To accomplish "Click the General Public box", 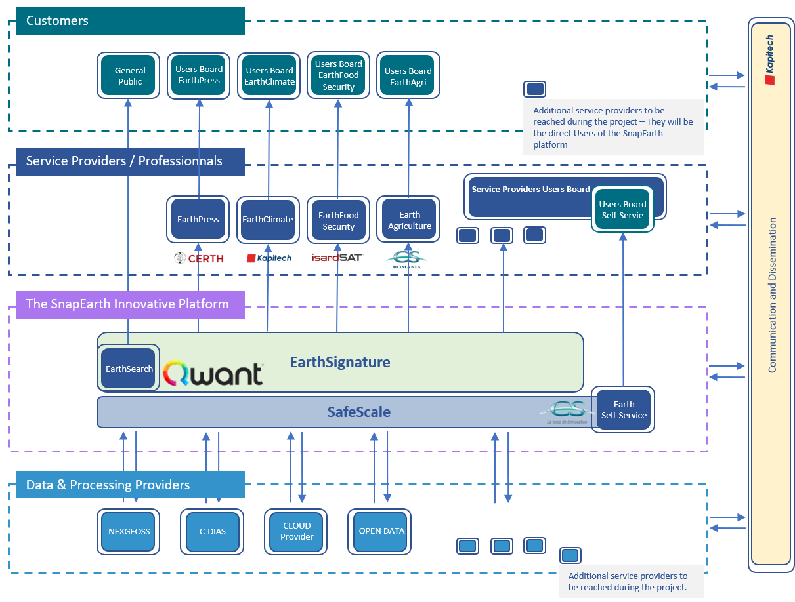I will [x=130, y=76].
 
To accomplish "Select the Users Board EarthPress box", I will [x=199, y=75].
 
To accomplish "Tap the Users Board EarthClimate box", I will [x=269, y=76].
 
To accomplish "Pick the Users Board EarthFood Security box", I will [x=339, y=75].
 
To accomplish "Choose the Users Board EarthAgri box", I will [x=408, y=76].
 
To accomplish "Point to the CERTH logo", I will [x=199, y=258].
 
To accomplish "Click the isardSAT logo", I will [x=337, y=258].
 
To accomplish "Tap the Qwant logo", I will [x=213, y=373].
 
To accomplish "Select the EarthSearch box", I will [x=129, y=369].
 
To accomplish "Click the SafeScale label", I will [x=359, y=412].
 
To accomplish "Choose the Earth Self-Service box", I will [x=624, y=410].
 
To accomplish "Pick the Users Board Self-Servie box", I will [x=622, y=210].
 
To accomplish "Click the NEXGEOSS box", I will [x=129, y=531].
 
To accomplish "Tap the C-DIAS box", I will [x=213, y=531].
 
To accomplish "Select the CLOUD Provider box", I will [x=297, y=531].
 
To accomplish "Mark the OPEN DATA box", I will [x=381, y=531].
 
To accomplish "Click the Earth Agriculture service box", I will [x=409, y=220].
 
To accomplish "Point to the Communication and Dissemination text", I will [x=773, y=295].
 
